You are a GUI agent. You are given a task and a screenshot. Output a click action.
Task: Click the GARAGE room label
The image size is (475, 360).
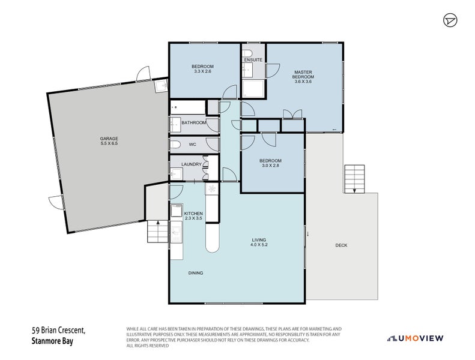(x=109, y=139)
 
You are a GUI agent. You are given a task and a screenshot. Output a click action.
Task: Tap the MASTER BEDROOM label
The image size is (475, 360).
(x=303, y=74)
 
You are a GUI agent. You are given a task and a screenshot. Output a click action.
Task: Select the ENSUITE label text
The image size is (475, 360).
(x=253, y=60)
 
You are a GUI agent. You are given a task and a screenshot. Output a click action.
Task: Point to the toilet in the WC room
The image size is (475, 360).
(x=175, y=145)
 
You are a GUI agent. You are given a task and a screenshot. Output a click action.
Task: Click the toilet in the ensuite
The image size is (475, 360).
(x=247, y=53)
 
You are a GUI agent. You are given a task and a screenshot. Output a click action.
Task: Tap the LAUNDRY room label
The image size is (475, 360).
(x=192, y=164)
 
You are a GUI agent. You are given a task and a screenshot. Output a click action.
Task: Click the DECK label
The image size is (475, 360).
(x=342, y=245)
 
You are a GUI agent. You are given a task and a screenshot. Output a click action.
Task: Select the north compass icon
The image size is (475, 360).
(x=450, y=20)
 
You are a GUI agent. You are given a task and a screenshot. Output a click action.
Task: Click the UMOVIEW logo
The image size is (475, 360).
(x=416, y=338)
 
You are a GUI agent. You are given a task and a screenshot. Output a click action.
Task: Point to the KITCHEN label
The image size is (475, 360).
(x=193, y=214)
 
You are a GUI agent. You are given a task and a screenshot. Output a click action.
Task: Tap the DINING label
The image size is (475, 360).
(x=196, y=273)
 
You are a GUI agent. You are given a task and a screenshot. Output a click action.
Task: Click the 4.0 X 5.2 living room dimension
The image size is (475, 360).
(x=259, y=245)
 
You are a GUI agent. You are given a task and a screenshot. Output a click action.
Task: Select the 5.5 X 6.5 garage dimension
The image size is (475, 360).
(x=109, y=143)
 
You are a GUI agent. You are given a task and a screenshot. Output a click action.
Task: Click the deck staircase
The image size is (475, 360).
(x=354, y=179)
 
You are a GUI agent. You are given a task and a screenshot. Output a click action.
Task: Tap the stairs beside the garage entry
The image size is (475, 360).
(x=157, y=232)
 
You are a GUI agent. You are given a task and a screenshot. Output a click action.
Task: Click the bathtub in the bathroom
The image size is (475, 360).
(x=188, y=107)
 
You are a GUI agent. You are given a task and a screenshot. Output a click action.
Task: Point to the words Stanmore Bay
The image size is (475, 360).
(x=52, y=341)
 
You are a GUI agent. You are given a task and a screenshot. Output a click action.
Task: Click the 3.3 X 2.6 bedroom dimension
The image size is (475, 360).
(x=202, y=71)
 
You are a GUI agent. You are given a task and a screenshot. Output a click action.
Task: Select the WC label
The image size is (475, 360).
(x=193, y=145)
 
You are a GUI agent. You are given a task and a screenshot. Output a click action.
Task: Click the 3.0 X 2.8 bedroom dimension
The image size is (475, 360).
(x=270, y=166)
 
